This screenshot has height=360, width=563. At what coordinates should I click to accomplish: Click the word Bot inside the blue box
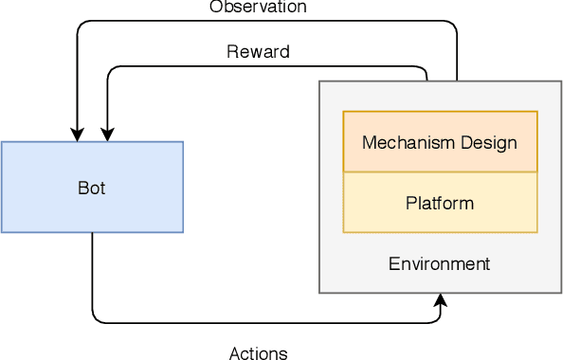coord(91,188)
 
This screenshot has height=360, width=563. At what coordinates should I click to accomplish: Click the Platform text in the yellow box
coord(439,203)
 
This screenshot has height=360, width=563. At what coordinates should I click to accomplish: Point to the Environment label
coord(439,263)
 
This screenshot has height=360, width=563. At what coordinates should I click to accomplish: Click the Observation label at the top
coord(257,7)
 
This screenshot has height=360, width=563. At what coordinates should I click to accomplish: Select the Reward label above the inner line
coord(258,52)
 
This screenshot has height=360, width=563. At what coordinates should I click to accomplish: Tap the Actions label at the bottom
coord(258,353)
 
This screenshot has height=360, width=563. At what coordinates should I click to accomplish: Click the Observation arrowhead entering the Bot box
coord(76,135)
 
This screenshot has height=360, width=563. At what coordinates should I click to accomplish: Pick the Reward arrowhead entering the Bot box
coord(107,135)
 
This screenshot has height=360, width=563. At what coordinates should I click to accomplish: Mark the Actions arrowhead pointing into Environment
coord(441,300)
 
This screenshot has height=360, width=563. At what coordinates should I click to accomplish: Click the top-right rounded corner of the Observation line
coord(453,25)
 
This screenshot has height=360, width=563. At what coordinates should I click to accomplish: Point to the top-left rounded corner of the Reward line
coord(111,69)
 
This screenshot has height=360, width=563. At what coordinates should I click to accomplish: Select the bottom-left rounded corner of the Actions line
coord(96,318)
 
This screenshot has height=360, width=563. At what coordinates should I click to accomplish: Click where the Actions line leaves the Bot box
coord(92,233)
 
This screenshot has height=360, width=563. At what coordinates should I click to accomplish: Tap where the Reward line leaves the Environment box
coord(427,81)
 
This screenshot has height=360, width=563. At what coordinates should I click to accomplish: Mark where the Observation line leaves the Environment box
coord(457,81)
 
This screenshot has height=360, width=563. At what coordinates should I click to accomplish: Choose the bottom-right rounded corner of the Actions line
coord(437,318)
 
